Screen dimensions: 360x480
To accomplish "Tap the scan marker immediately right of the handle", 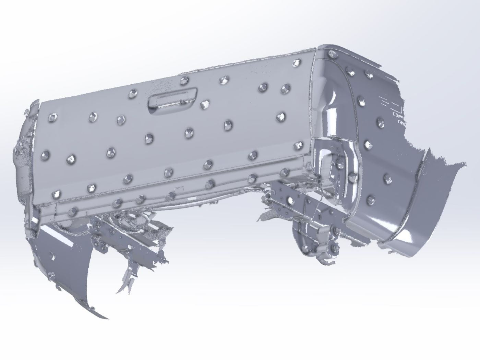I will (205, 104).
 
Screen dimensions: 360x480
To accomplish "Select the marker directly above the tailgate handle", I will (184, 81).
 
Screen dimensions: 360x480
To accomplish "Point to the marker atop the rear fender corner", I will (331, 54).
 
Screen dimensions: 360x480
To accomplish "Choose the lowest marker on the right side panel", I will (370, 199).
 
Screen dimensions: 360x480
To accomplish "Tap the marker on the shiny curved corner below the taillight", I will (352, 177).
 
